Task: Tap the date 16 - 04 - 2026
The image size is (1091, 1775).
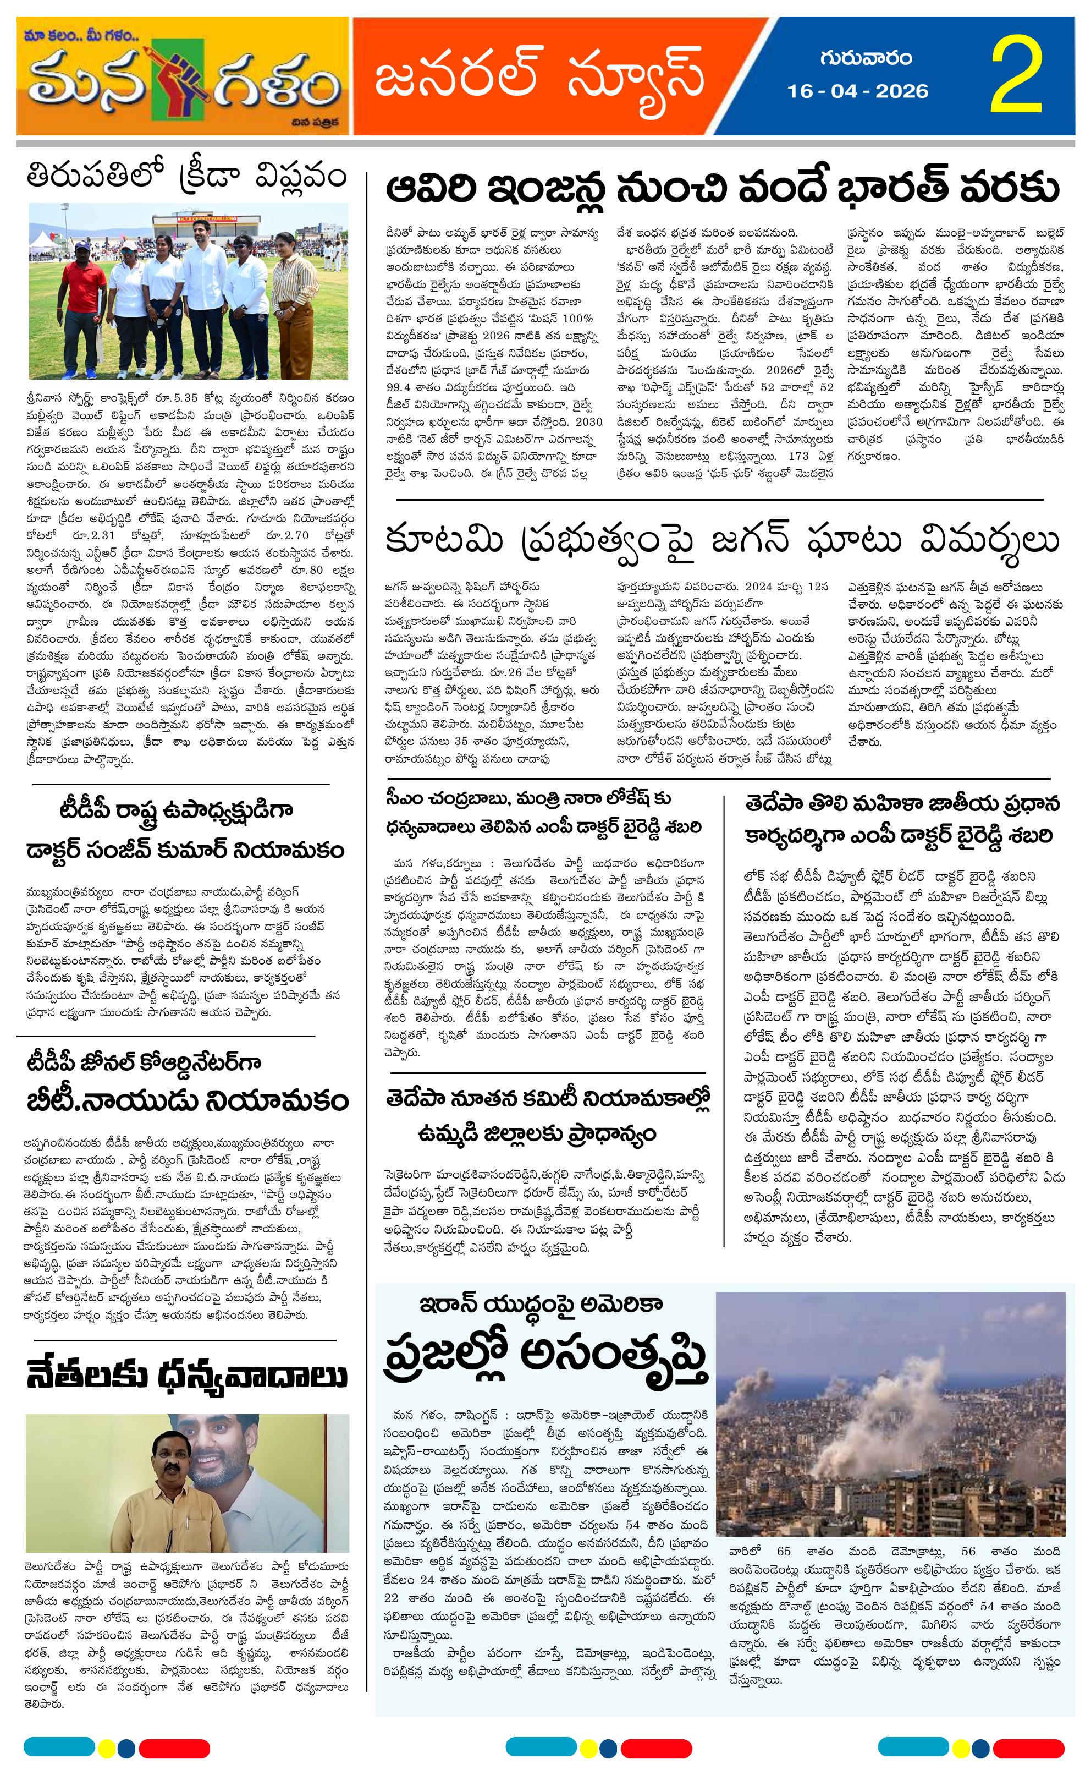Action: tap(857, 91)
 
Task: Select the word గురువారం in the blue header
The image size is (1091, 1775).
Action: tap(865, 57)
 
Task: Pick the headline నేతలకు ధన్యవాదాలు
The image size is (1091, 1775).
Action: tap(186, 1377)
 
